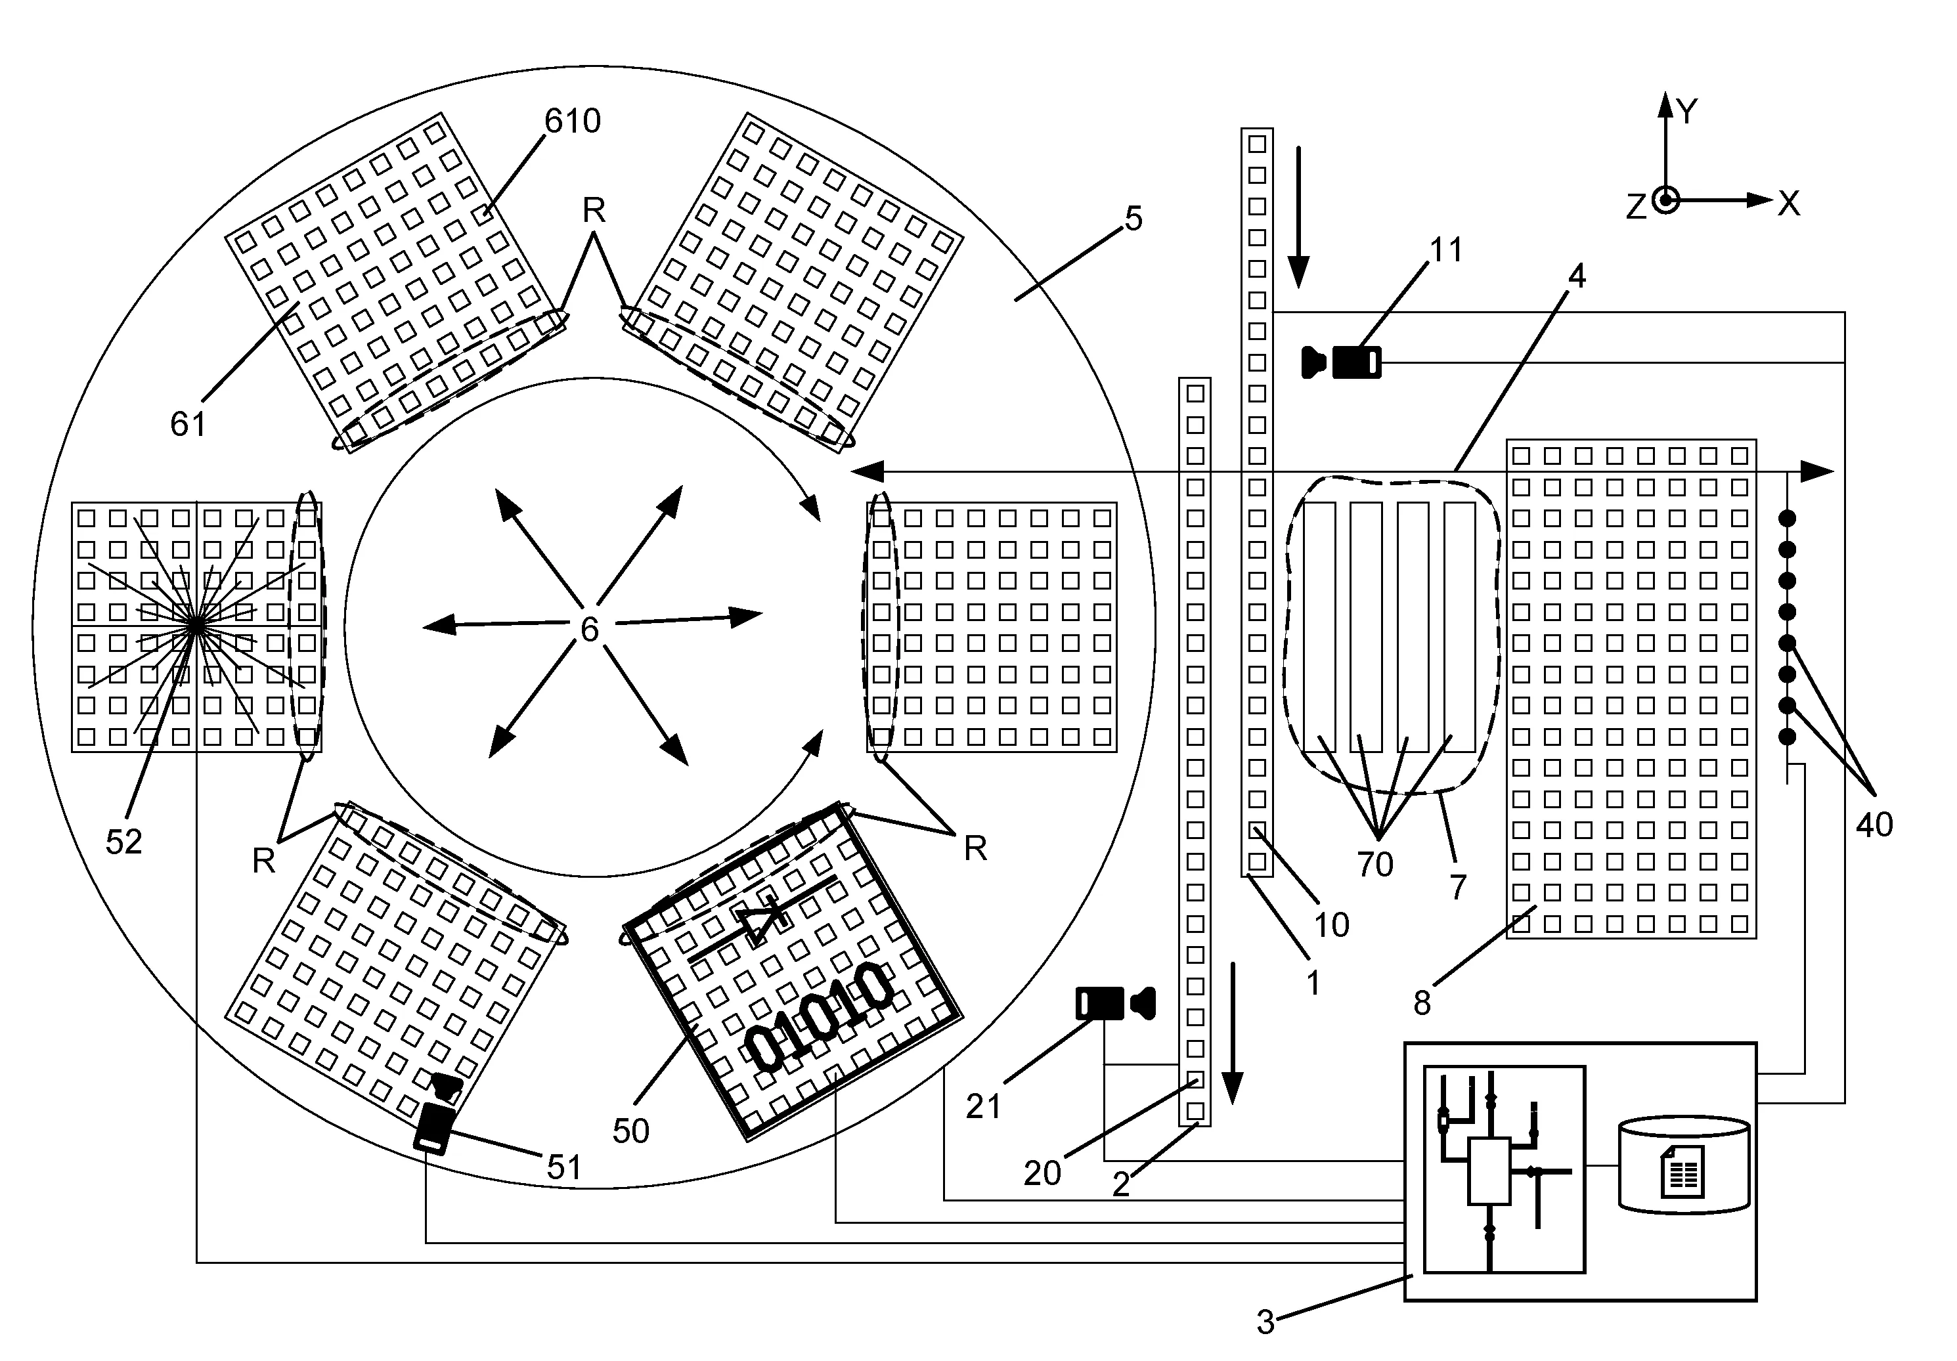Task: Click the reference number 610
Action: pos(572,121)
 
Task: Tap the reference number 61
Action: pos(188,424)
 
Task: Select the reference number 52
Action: pos(123,842)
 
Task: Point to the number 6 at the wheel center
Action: pos(589,629)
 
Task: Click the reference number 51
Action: pos(563,1167)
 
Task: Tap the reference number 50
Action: pos(630,1131)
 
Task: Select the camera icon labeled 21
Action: pos(1115,1003)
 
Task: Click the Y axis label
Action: pos(1687,111)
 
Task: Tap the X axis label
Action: pos(1788,204)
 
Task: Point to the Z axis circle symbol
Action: pos(1665,200)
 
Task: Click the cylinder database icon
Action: pos(1683,1164)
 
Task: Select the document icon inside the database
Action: pos(1682,1171)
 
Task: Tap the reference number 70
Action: pos(1375,865)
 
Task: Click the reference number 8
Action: pos(1422,1003)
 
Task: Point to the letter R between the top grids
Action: pos(594,209)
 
